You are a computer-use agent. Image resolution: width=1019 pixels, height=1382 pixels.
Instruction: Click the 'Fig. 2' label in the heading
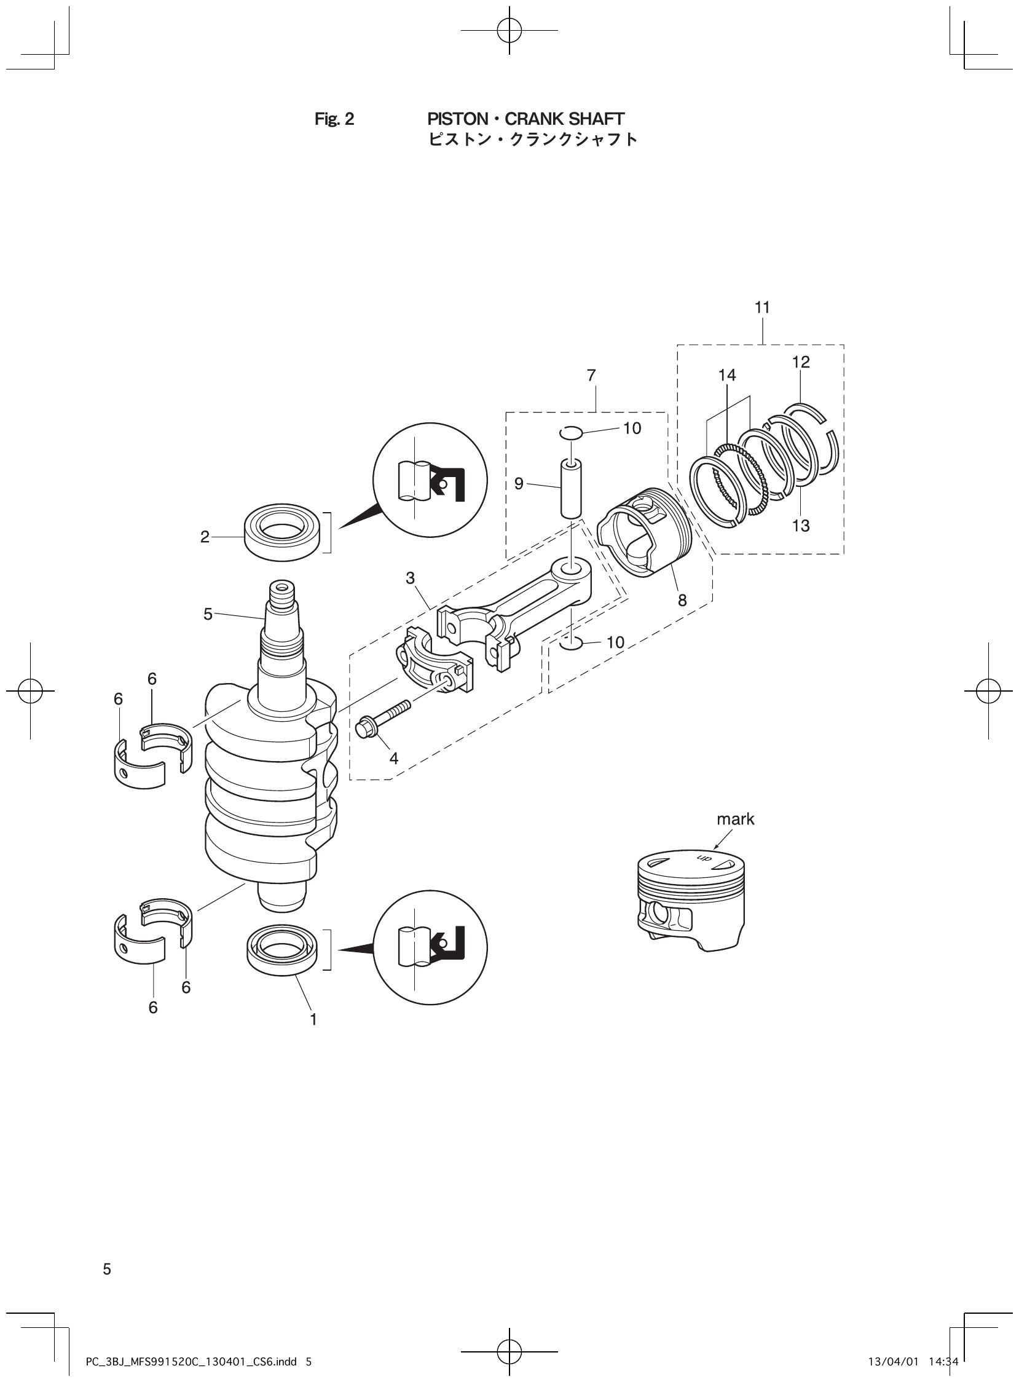coord(334,119)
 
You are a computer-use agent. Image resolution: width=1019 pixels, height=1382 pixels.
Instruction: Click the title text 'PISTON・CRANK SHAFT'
coord(525,119)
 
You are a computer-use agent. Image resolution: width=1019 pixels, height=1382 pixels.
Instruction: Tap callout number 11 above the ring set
coord(762,307)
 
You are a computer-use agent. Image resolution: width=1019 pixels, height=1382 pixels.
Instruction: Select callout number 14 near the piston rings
coord(727,375)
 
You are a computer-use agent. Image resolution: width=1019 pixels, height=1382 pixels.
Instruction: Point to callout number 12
coord(801,362)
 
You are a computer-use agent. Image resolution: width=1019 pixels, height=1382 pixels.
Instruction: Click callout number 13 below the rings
coord(801,526)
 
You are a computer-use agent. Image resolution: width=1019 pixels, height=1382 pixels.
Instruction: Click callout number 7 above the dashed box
coord(591,375)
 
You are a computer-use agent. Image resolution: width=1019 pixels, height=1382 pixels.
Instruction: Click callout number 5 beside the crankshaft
coord(208,614)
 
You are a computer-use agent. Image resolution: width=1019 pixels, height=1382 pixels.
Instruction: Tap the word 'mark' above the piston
coord(735,819)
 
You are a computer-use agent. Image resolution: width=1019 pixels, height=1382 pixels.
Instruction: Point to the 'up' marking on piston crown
coord(704,859)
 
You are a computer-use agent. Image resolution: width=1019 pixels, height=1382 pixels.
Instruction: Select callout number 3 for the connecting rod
coord(410,578)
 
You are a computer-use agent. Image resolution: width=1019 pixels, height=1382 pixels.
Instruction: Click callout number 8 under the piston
coord(682,600)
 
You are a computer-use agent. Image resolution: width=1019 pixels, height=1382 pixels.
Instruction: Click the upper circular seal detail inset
coord(430,480)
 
